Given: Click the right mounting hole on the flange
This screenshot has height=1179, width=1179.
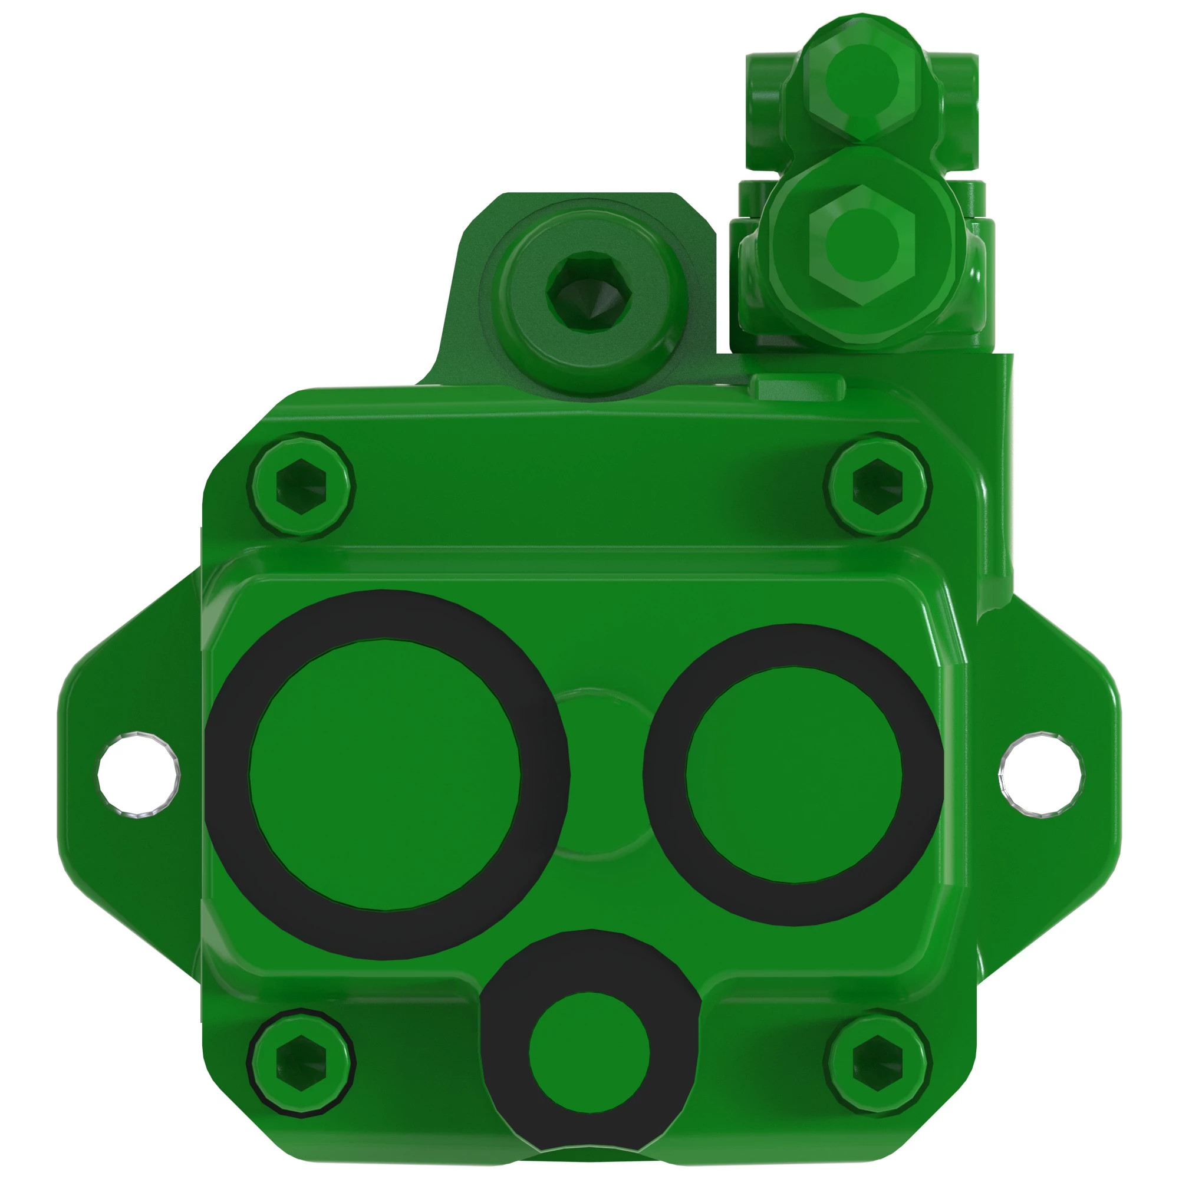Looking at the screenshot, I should [1041, 775].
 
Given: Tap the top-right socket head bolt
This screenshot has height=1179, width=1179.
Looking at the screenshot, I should [877, 485].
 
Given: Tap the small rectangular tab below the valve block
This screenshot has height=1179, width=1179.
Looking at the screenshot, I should [797, 386].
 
